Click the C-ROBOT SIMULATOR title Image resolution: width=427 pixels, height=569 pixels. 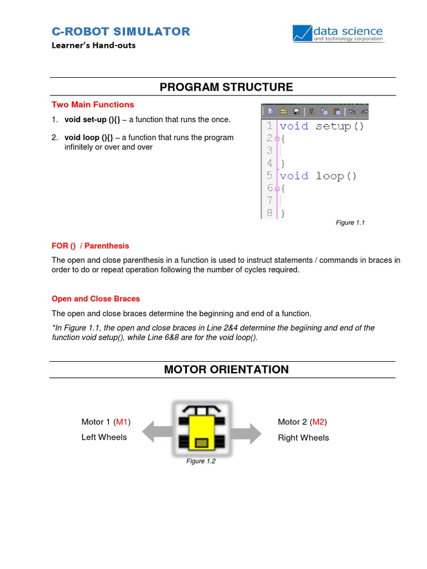(121, 32)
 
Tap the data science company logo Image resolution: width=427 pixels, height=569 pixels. (337, 34)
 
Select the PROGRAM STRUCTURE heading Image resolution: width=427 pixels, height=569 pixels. (226, 87)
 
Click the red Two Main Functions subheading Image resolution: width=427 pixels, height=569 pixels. (93, 104)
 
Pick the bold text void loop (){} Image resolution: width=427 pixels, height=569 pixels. (89, 137)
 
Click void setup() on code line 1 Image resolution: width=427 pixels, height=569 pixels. (322, 126)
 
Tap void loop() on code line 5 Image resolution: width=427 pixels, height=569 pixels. (318, 176)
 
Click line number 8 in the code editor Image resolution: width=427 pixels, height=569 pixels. (269, 212)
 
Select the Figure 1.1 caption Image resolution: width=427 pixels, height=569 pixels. (350, 223)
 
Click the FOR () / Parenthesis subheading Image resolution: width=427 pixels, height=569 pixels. (90, 246)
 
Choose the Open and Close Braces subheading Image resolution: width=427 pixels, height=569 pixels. (96, 298)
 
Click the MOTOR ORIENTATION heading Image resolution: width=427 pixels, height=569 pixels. (226, 370)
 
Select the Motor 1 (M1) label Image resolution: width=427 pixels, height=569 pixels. (106, 422)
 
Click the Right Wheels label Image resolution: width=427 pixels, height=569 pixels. (303, 438)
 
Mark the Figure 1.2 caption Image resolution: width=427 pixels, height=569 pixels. (201, 461)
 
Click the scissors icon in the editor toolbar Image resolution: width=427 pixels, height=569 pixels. (311, 111)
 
